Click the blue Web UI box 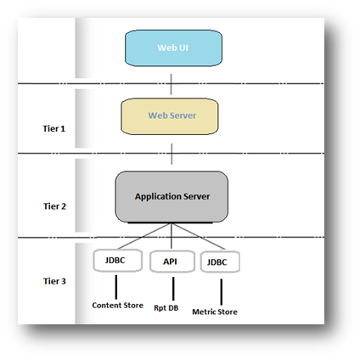[x=173, y=48]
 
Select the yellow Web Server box [x=170, y=116]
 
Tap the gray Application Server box [x=172, y=197]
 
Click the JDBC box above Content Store [x=117, y=261]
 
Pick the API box [x=172, y=262]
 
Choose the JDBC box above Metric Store [x=220, y=262]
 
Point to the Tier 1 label [x=54, y=129]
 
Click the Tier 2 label [x=54, y=206]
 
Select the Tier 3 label [x=54, y=281]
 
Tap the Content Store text [x=118, y=306]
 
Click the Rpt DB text [x=166, y=308]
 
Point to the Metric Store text [x=215, y=312]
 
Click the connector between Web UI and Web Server [x=171, y=84]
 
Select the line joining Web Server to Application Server [x=172, y=154]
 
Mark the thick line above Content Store [x=116, y=287]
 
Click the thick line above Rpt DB [x=173, y=289]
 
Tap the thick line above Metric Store [x=222, y=292]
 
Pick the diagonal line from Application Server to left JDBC [x=144, y=236]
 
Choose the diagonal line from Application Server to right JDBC [x=199, y=236]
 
